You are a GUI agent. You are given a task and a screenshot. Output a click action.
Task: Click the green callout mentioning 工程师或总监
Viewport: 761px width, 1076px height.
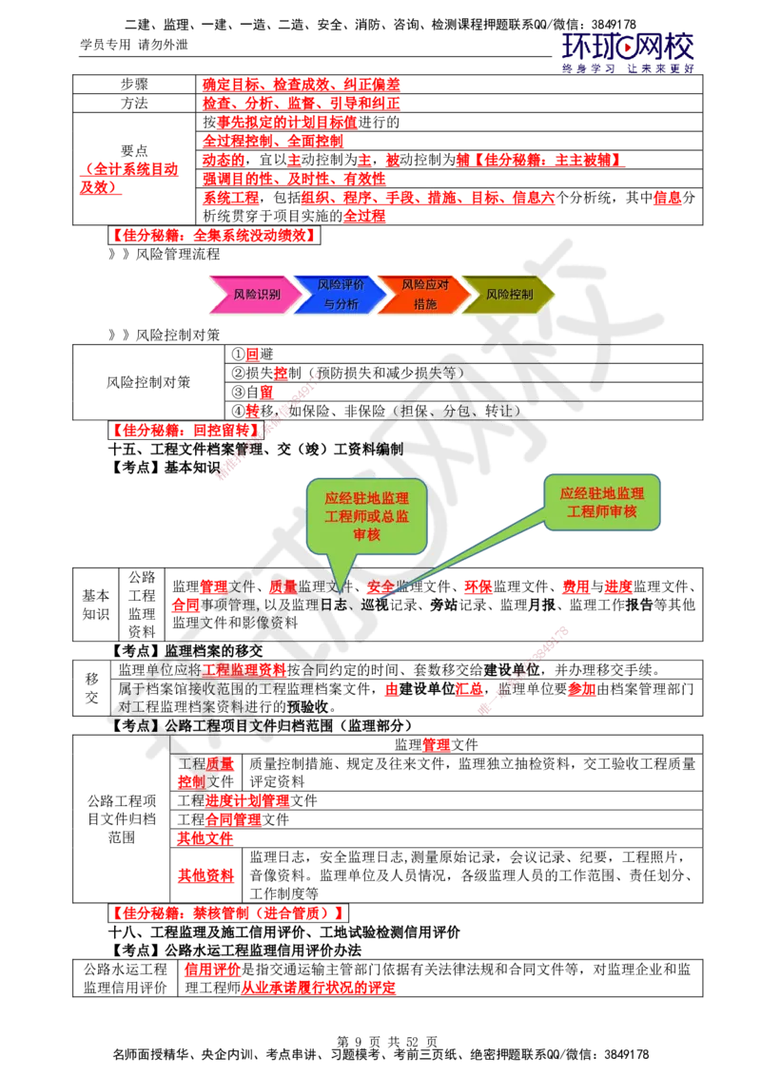tap(366, 518)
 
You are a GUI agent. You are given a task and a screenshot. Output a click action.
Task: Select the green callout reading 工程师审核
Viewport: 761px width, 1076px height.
tap(601, 503)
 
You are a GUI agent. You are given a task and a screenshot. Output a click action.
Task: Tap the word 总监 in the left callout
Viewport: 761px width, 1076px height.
tap(393, 517)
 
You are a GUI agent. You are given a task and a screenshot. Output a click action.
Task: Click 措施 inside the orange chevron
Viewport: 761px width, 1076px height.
tap(425, 305)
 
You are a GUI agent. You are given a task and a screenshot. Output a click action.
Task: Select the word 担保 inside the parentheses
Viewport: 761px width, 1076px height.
tap(415, 412)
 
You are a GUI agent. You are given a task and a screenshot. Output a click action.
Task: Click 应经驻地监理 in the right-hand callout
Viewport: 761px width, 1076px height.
tap(601, 493)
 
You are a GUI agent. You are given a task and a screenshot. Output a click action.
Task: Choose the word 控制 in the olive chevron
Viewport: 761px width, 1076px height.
tap(521, 295)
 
